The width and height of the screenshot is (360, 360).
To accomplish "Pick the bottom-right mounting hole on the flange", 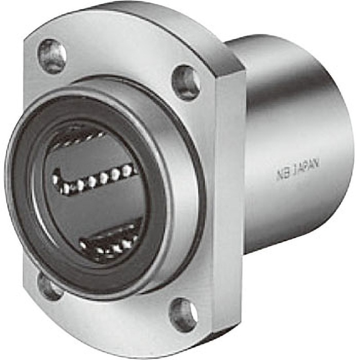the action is click(x=183, y=313).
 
